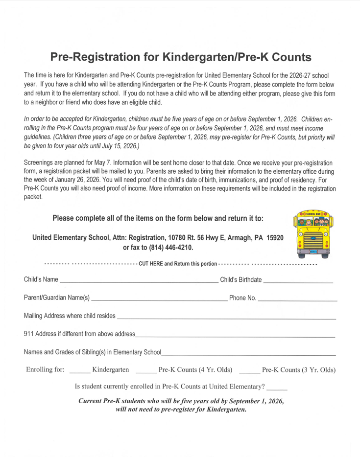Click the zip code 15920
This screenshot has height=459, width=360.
pos(275,238)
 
